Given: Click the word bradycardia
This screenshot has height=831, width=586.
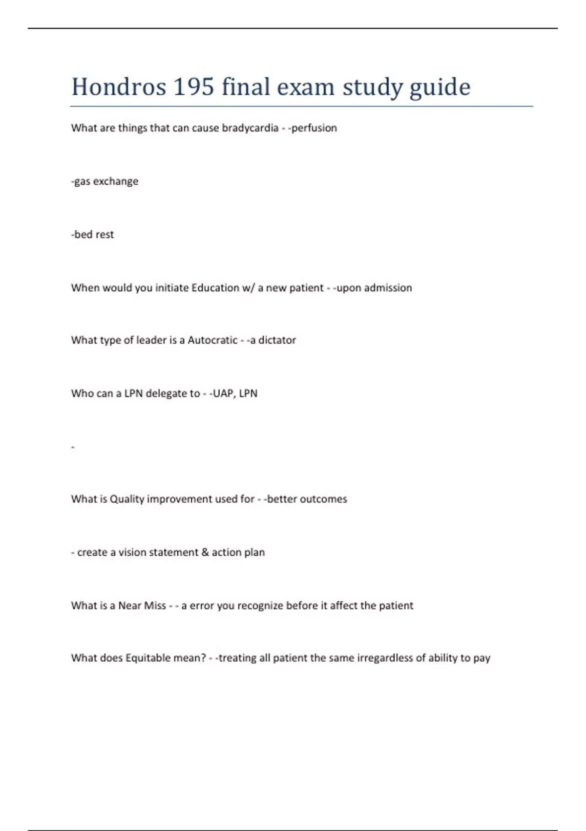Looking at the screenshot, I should [250, 128].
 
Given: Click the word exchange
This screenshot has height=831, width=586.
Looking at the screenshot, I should [116, 181].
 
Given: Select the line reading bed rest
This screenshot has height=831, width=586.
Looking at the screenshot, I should [92, 235].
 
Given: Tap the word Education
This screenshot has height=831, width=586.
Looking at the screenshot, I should [215, 288].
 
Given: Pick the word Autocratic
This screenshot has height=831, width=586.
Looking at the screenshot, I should [212, 340].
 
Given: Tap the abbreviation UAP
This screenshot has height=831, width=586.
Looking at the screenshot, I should [223, 394].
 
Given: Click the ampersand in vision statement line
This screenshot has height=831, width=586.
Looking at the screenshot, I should [205, 552].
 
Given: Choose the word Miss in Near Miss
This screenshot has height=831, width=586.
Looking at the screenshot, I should [155, 606].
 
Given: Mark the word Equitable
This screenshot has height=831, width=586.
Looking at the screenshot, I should [150, 658].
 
